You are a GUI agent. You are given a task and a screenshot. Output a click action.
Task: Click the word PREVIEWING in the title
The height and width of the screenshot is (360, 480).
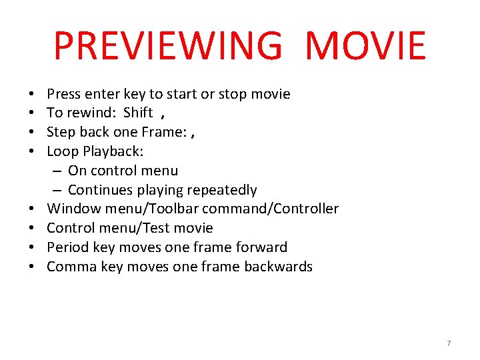[x=168, y=45]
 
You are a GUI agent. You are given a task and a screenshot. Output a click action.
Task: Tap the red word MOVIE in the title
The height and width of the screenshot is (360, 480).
[x=365, y=45]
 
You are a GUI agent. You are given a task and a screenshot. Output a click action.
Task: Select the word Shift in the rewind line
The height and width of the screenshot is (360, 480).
[x=138, y=113]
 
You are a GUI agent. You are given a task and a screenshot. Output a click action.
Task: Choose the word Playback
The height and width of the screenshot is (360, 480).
[x=113, y=151]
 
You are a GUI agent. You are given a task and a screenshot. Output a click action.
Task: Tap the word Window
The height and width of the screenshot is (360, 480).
[x=73, y=209]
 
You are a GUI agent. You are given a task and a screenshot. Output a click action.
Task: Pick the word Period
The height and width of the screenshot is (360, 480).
[x=67, y=247]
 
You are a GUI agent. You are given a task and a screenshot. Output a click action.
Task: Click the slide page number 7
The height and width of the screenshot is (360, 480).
[x=449, y=343]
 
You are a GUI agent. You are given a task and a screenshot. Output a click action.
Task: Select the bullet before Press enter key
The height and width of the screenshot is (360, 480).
[x=33, y=94]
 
